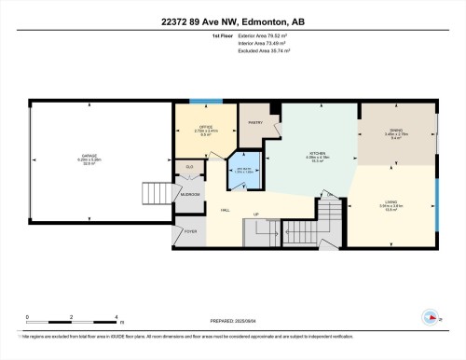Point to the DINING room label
(x=397, y=132)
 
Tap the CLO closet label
(x=189, y=167)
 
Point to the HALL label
(x=225, y=211)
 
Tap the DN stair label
(x=329, y=194)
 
